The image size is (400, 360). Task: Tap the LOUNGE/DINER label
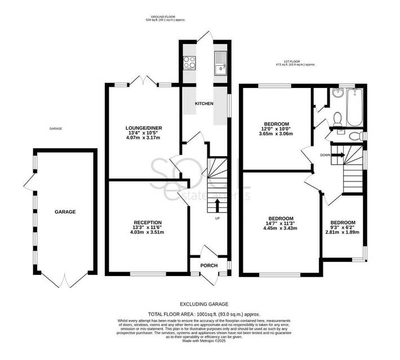(x=144, y=128)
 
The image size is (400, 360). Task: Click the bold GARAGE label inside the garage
(x=65, y=212)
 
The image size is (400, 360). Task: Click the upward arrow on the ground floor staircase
(x=217, y=205)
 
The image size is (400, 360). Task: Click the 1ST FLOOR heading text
(x=300, y=61)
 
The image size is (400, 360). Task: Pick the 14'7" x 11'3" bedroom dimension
(x=280, y=223)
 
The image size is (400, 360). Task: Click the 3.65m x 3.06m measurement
(x=276, y=134)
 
